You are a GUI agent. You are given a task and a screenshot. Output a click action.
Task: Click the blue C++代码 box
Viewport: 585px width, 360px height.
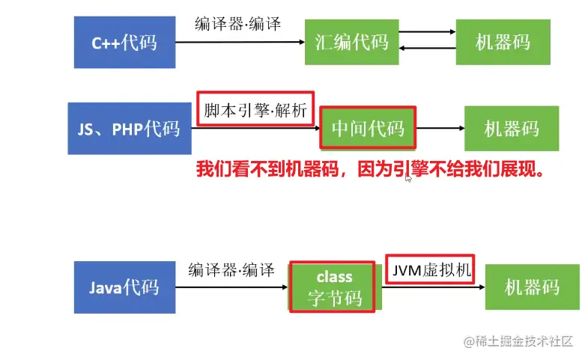124,42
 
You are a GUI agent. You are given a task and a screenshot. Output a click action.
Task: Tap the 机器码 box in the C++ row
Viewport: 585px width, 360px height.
503,42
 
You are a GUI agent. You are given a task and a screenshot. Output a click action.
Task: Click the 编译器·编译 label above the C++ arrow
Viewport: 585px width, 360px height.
238,23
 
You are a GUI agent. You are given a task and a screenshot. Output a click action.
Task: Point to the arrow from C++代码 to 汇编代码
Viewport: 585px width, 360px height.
240,43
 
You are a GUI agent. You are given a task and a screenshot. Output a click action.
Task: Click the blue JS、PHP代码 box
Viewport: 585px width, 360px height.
129,128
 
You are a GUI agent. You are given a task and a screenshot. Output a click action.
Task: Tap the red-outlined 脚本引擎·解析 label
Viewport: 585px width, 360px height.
255,110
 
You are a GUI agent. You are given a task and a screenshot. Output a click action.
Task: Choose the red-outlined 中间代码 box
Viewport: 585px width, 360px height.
368,128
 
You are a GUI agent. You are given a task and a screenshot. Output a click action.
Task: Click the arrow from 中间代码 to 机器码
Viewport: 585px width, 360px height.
439,128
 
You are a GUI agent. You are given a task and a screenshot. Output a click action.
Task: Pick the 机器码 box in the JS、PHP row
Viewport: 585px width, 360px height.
511,128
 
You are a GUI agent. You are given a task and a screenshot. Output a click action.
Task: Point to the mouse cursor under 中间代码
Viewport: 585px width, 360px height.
408,178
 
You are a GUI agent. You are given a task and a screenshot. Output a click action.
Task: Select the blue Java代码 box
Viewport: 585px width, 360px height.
124,287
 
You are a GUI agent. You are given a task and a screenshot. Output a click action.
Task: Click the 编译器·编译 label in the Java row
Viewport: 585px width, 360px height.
231,269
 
